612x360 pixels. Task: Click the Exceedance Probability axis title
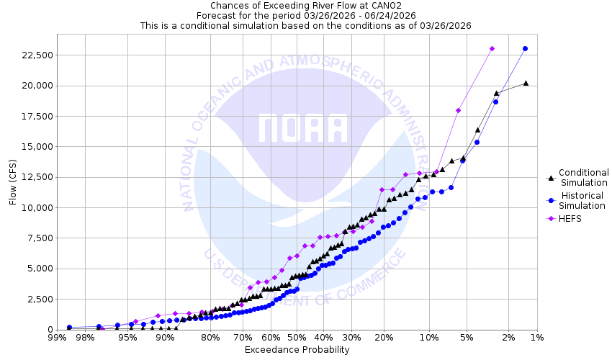tap(297, 350)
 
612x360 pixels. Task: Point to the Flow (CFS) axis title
tap(13, 181)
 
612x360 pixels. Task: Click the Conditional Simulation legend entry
tap(583, 177)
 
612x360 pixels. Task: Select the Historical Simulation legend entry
tap(583, 201)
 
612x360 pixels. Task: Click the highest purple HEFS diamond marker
tap(492, 49)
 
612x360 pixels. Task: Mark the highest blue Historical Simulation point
tap(525, 49)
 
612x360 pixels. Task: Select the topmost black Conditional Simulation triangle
tap(526, 83)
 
